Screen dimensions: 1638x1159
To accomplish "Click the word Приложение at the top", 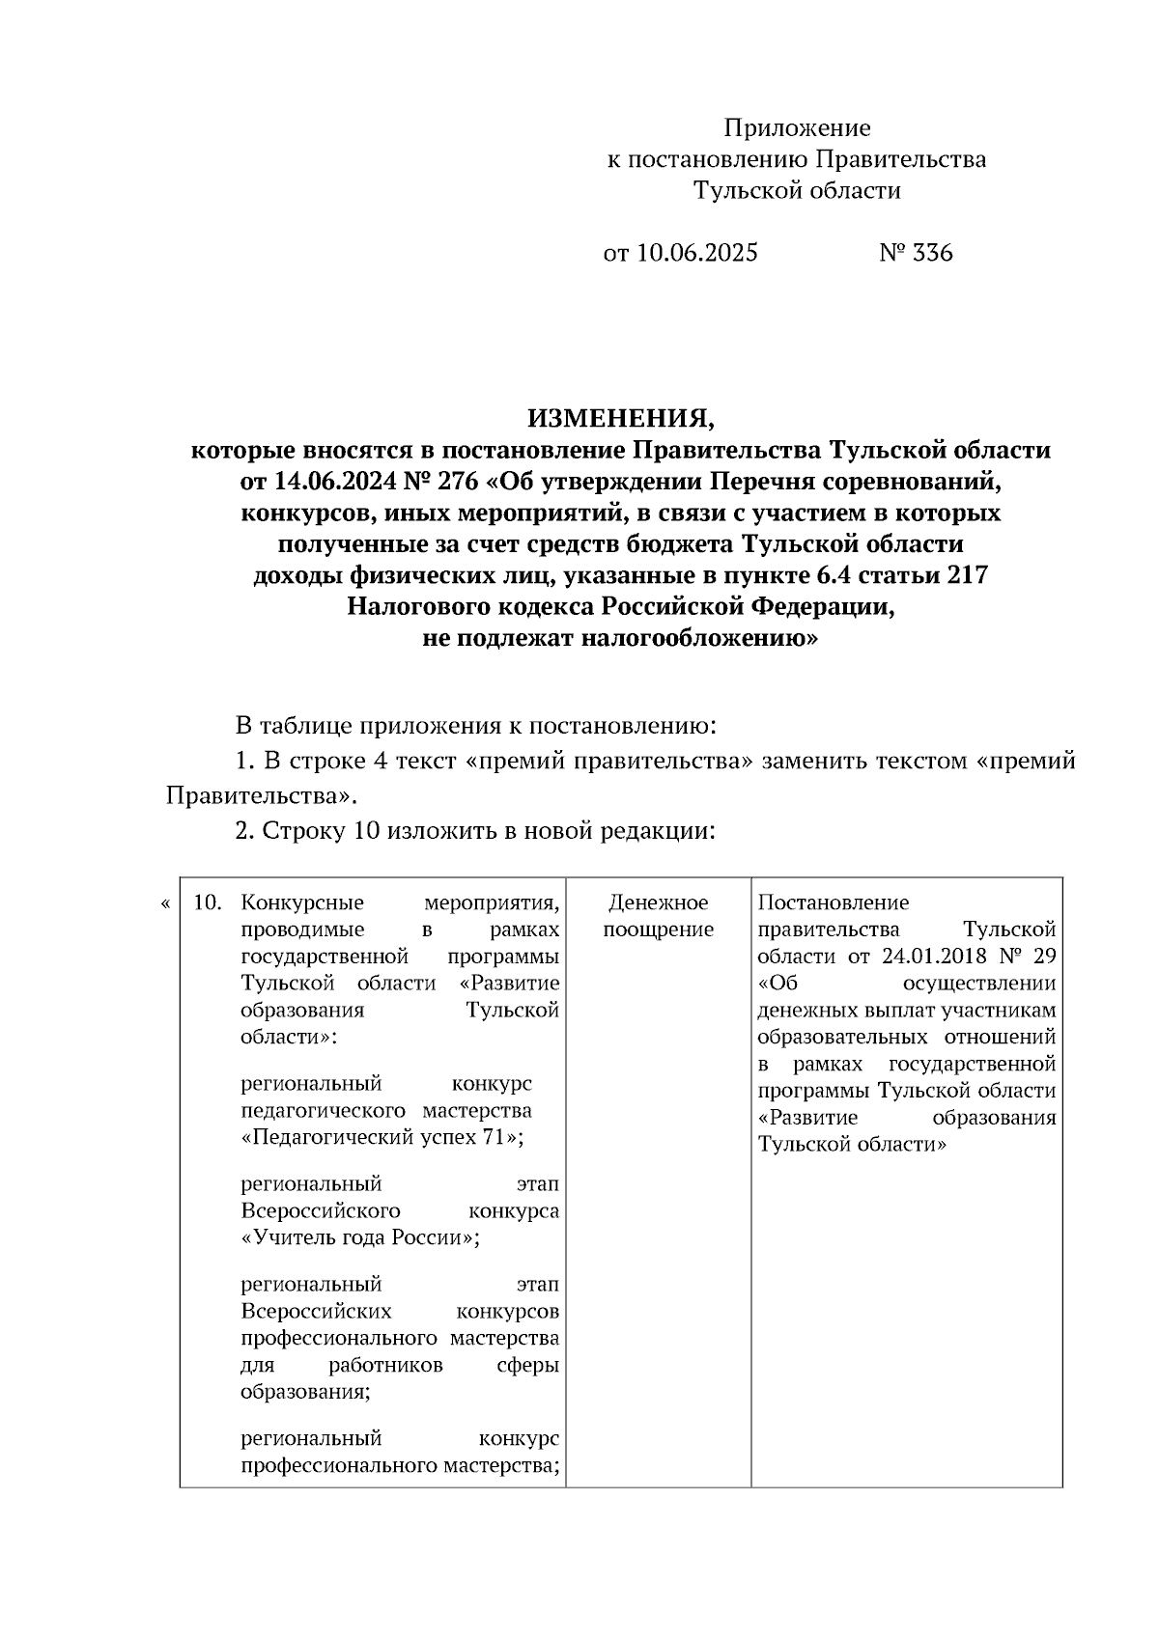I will click(x=797, y=128).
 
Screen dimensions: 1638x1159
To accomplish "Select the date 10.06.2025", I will click(x=697, y=253).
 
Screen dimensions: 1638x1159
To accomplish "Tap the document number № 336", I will click(x=916, y=253).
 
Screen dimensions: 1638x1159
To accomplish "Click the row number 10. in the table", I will click(x=209, y=903).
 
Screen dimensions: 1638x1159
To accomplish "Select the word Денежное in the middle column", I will click(x=658, y=903).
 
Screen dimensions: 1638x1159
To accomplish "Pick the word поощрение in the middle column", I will click(x=658, y=930).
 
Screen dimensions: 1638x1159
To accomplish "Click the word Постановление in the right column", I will click(x=833, y=903).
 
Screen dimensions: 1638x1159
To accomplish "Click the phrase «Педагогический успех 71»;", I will click(x=382, y=1137).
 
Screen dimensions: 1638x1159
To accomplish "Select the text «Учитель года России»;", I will click(x=360, y=1237).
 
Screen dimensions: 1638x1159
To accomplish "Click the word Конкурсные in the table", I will click(x=302, y=903).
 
